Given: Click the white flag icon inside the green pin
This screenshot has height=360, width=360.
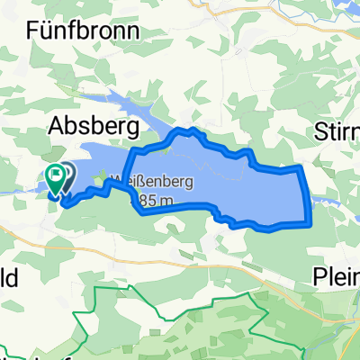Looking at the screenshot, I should pyautogui.click(x=57, y=174).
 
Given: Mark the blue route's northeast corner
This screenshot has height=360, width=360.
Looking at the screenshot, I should pyautogui.click(x=301, y=168).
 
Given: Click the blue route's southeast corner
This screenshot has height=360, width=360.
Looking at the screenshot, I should pyautogui.click(x=309, y=221).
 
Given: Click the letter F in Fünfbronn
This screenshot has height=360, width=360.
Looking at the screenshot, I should pyautogui.click(x=33, y=31).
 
